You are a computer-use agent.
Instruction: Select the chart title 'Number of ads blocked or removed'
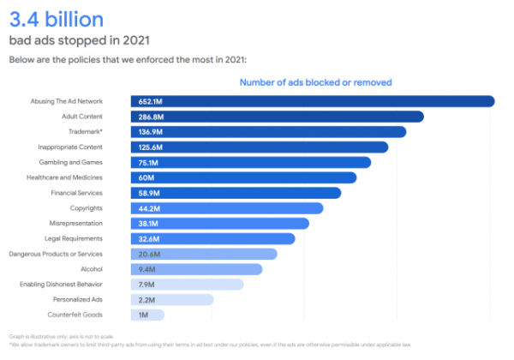[x=315, y=82]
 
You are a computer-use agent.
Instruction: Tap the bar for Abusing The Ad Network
[x=313, y=101]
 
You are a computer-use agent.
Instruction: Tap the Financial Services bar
[x=236, y=193]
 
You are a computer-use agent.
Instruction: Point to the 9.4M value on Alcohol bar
[x=146, y=269]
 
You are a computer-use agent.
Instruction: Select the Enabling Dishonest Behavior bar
[x=186, y=285]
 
